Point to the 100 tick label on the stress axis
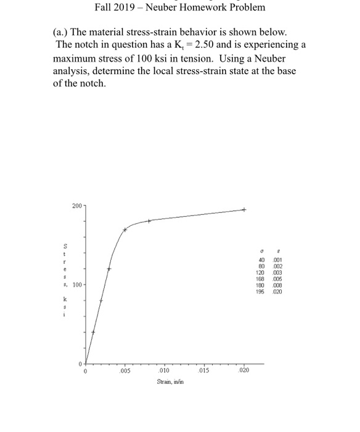(x=76, y=285)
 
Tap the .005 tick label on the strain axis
(x=125, y=372)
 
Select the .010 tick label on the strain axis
(x=165, y=372)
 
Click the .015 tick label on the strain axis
(x=205, y=372)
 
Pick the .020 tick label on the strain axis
(x=244, y=372)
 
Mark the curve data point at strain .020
(x=244, y=210)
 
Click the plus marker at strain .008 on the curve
(x=149, y=221)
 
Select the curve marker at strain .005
(x=125, y=230)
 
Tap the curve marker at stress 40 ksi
(x=94, y=331)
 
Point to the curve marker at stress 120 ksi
(x=109, y=268)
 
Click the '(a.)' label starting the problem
(x=63, y=31)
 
